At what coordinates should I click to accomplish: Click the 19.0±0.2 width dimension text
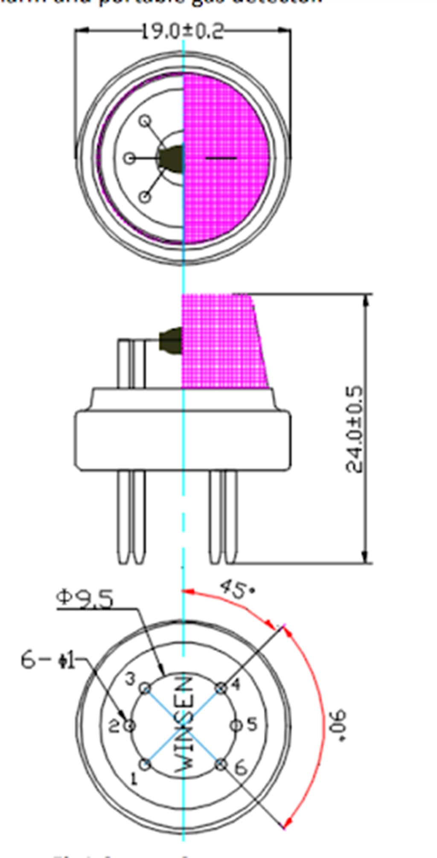pyautogui.click(x=182, y=31)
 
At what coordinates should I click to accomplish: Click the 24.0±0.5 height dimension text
pyautogui.click(x=355, y=429)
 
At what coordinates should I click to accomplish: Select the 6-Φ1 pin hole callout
pyautogui.click(x=48, y=660)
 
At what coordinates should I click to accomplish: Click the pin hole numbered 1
pyautogui.click(x=145, y=764)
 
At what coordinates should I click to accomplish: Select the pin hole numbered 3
pyautogui.click(x=145, y=688)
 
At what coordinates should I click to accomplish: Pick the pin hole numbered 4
pyautogui.click(x=221, y=688)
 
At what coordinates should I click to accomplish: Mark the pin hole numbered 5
pyautogui.click(x=236, y=725)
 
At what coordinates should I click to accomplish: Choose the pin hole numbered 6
pyautogui.click(x=221, y=764)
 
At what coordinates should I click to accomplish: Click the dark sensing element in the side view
pyautogui.click(x=171, y=340)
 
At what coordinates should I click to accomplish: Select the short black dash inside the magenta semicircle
pyautogui.click(x=221, y=158)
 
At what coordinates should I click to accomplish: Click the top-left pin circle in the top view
pyautogui.click(x=146, y=121)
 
